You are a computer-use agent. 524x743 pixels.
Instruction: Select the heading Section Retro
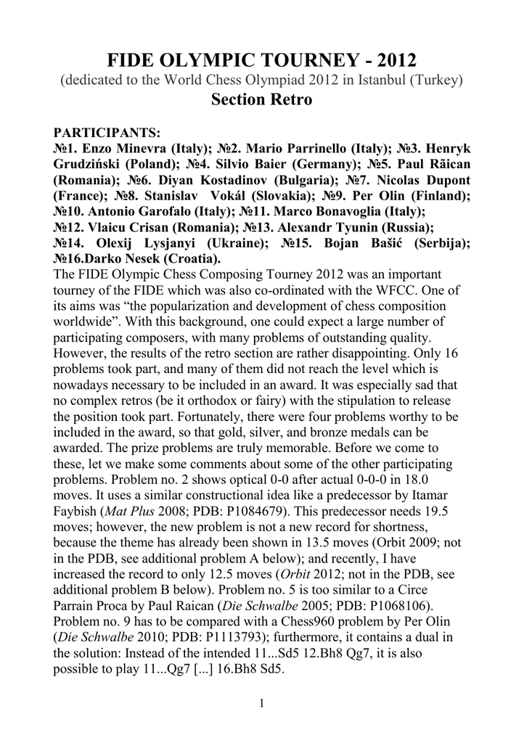[x=261, y=100]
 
